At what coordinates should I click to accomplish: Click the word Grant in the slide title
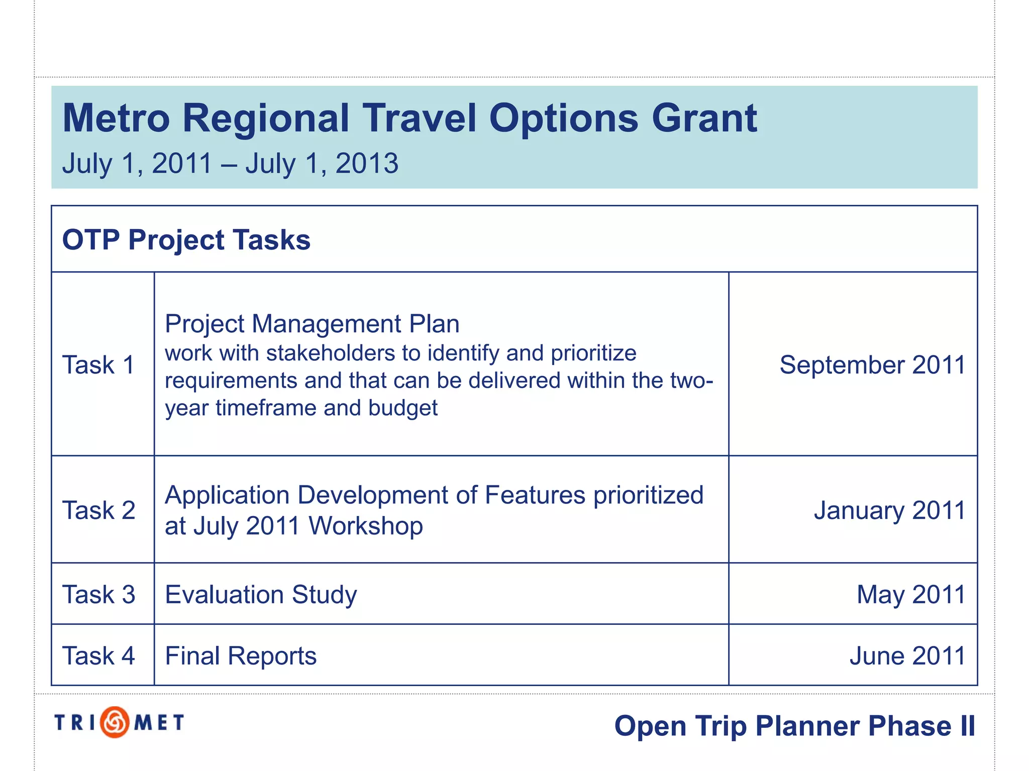[x=704, y=119]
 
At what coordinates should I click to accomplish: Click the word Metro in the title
[x=116, y=119]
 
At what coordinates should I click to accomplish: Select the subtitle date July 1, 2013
[x=322, y=164]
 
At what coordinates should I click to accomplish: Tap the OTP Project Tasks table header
[x=186, y=240]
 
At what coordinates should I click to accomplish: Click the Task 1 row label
[x=98, y=365]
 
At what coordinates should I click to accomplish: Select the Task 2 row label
[x=98, y=510]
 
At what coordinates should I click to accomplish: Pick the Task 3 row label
[x=98, y=595]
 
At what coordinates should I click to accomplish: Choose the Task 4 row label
[x=98, y=656]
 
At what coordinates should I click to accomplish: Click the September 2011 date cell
[x=872, y=365]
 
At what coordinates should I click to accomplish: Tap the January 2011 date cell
[x=889, y=510]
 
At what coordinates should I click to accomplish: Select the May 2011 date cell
[x=910, y=595]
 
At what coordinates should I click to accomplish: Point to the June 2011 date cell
[x=907, y=656]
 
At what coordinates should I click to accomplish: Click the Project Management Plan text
[x=312, y=324]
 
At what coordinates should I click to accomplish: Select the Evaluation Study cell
[x=261, y=595]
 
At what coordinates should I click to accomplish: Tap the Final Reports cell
[x=241, y=656]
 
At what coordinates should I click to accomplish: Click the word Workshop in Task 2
[x=366, y=527]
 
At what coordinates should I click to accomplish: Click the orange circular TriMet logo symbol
[x=115, y=722]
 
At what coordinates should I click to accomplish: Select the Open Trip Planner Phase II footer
[x=794, y=726]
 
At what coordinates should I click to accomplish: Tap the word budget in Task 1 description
[x=403, y=408]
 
